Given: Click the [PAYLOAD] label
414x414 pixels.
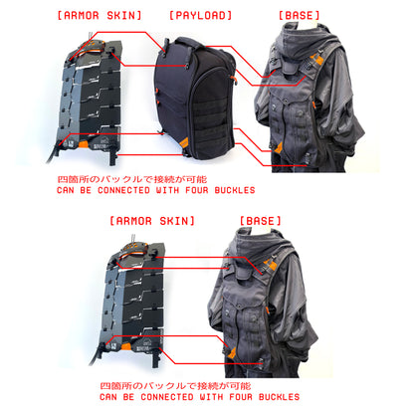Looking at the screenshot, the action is pyautogui.click(x=200, y=15).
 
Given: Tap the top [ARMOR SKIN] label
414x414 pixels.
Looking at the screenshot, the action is pyautogui.click(x=100, y=15).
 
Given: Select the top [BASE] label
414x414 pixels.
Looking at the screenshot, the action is pyautogui.click(x=300, y=15).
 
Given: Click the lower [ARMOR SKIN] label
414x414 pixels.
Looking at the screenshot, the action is pyautogui.click(x=152, y=221).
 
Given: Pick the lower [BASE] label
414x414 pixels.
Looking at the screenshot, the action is pyautogui.click(x=261, y=221).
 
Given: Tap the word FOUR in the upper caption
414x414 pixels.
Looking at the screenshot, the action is pyautogui.click(x=197, y=190).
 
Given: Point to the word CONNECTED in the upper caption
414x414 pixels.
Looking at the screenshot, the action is pyautogui.click(x=123, y=190).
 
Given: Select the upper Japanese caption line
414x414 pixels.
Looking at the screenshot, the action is pyautogui.click(x=132, y=179).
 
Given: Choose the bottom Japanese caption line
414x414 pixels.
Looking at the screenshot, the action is pyautogui.click(x=176, y=386).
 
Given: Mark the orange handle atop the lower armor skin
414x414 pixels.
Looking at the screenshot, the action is pyautogui.click(x=135, y=250).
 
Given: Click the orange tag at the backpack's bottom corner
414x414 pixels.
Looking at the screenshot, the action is pyautogui.click(x=184, y=142).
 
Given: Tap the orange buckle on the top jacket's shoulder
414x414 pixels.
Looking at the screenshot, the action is pyautogui.click(x=317, y=60).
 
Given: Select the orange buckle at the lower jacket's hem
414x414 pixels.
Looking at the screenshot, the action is pyautogui.click(x=232, y=352).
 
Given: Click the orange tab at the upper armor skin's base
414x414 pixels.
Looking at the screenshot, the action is pyautogui.click(x=84, y=144).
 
